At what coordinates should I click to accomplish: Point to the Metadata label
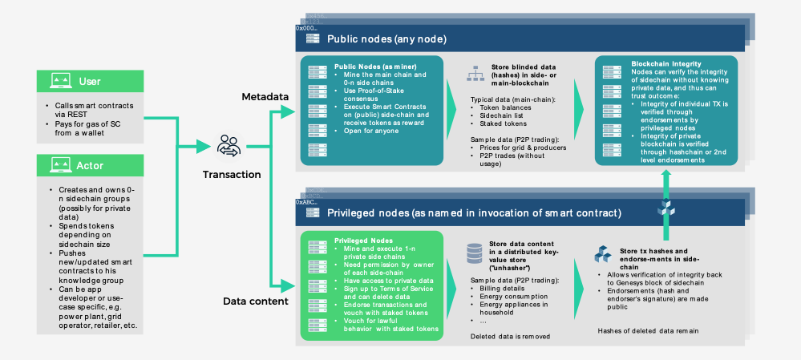(265, 97)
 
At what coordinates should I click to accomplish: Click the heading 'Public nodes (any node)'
(386, 38)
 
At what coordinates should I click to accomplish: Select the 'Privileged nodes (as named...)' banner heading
(474, 212)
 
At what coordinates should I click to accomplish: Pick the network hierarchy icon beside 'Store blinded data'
(473, 75)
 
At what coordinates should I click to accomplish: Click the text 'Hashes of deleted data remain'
(647, 330)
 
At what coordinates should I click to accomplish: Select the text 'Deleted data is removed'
(510, 336)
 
